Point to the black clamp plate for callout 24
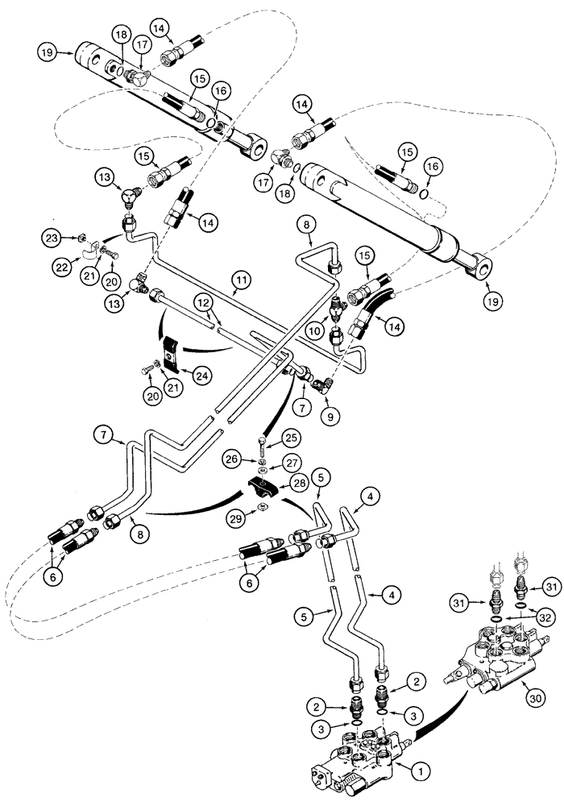click(170, 353)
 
